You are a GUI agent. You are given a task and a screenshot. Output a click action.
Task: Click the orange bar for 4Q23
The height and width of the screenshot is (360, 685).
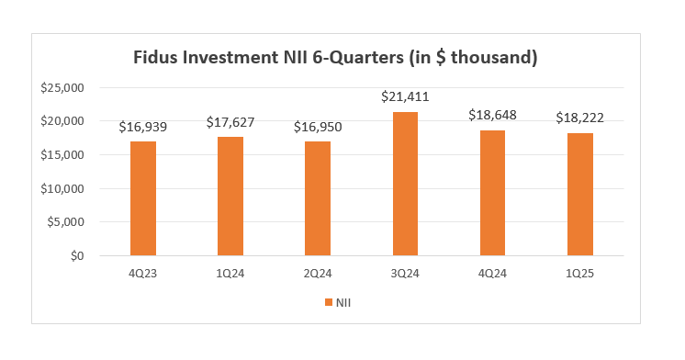pos(142,198)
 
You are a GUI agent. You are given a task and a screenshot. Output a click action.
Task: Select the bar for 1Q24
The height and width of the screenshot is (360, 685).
pos(230,196)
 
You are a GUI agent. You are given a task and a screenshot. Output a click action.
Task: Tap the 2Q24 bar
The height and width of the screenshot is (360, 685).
pos(318,198)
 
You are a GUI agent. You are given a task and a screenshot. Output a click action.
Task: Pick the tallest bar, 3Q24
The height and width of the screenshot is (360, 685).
pos(405,184)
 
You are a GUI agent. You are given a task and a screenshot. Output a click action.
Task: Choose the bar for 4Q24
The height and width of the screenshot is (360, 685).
pos(492,193)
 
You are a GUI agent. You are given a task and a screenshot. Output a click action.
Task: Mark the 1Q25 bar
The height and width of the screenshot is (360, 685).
pos(579,195)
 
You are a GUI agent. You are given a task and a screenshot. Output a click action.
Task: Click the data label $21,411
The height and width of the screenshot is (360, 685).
pos(405,96)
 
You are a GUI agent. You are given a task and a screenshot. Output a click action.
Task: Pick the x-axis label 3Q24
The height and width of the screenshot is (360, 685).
pos(405,274)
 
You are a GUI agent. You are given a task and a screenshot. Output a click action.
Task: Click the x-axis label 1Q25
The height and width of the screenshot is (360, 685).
pos(579,274)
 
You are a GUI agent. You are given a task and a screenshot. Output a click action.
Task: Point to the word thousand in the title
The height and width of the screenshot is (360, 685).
pos(491,57)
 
